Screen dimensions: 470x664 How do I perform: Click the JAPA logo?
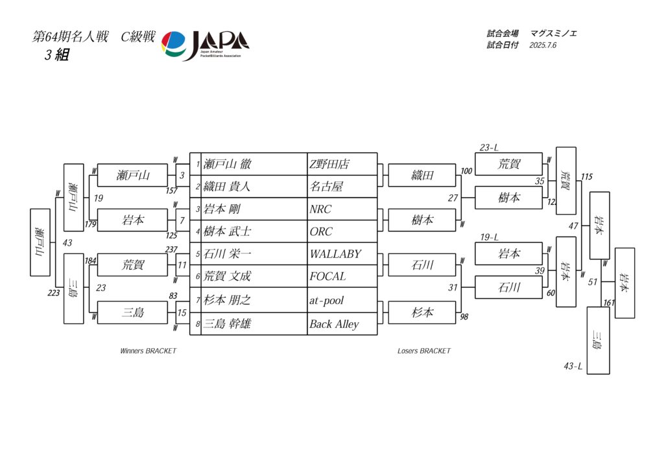click(x=205, y=45)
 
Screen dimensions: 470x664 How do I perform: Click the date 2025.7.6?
click(x=543, y=45)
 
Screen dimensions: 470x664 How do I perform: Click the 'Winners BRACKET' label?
click(x=148, y=351)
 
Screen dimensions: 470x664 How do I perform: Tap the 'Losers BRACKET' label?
click(x=423, y=351)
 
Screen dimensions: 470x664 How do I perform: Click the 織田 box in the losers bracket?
click(x=422, y=175)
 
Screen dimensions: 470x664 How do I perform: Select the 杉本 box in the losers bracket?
click(x=422, y=312)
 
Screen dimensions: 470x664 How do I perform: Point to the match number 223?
click(x=54, y=292)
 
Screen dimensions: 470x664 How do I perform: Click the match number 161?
click(x=609, y=302)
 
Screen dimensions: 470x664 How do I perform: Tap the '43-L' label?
click(x=573, y=367)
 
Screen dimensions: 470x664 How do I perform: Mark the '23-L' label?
click(x=489, y=148)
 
